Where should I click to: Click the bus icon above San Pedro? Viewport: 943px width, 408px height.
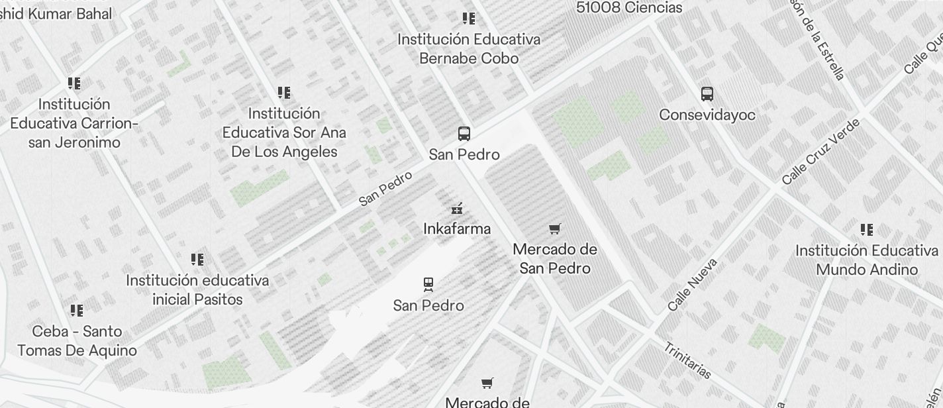coord(464,134)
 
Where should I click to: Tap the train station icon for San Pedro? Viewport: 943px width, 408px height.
coord(428,285)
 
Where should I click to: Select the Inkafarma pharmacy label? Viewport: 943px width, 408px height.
coord(457,229)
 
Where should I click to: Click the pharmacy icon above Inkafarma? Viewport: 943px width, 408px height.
coord(456,209)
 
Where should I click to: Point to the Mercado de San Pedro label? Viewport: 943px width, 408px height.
coord(555,259)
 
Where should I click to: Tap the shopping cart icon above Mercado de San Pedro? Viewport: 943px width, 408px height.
coord(555,229)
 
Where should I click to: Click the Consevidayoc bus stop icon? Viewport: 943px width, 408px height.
coord(707,94)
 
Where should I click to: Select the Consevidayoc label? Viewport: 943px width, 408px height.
coord(707,115)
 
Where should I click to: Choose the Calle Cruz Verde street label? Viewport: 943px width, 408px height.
coord(820,152)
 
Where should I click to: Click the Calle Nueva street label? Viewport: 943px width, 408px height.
coord(693,285)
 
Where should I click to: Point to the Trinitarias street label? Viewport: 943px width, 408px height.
coord(687,360)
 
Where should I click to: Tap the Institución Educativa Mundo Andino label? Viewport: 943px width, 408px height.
coord(867,260)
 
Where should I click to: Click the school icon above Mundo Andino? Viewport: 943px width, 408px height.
coord(867,230)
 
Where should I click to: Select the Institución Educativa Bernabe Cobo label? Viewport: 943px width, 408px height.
coord(469,49)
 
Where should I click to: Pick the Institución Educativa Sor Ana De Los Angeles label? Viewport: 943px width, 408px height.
coord(284,132)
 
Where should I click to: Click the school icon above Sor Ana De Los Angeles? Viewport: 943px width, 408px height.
coord(284,93)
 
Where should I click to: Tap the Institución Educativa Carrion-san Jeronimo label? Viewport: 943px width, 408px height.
coord(74,123)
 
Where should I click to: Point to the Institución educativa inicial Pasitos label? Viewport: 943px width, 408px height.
coord(197,289)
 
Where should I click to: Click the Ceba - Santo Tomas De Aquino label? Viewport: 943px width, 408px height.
coord(77,340)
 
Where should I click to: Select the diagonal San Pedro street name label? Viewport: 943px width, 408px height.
coord(386,188)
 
